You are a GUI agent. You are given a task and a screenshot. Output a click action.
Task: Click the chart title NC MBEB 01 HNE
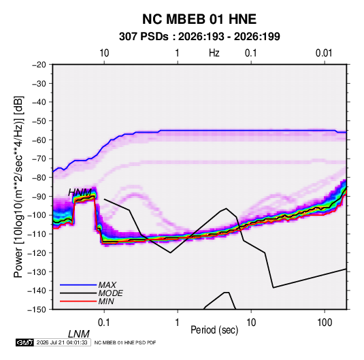click(199, 19)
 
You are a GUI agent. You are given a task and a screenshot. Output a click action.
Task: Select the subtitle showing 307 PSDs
click(199, 37)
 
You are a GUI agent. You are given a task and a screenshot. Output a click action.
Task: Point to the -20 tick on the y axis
click(39, 65)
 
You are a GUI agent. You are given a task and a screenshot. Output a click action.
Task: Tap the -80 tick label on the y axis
click(39, 178)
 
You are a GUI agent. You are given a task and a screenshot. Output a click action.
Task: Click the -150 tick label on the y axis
click(37, 310)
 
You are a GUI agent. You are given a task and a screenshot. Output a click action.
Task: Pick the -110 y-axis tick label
click(37, 234)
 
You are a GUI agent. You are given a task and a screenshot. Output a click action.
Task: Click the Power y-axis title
click(18, 187)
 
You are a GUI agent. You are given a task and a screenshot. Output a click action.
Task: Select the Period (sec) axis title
click(214, 329)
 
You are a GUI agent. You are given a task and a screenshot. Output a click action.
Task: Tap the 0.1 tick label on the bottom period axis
click(104, 323)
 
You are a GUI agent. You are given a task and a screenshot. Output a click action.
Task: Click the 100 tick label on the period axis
click(325, 323)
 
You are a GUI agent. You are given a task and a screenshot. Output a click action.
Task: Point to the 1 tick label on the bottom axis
click(178, 323)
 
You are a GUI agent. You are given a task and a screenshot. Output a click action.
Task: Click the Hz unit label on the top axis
click(214, 53)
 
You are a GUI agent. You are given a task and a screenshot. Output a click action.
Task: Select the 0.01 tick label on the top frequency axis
click(324, 53)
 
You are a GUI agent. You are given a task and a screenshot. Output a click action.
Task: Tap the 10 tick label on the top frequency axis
click(104, 53)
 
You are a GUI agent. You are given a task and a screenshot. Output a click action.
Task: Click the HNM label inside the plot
click(80, 193)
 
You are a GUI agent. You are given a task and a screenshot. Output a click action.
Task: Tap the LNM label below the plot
click(79, 334)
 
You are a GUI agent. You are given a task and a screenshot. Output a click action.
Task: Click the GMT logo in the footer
click(24, 342)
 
